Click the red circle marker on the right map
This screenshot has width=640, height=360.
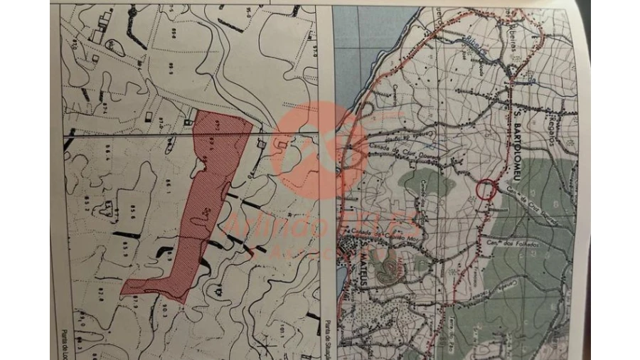(x=486, y=189)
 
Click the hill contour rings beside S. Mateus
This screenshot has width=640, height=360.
(x=388, y=267)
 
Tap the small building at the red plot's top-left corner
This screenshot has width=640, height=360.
(x=188, y=122)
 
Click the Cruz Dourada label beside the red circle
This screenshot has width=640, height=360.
(x=530, y=196)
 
